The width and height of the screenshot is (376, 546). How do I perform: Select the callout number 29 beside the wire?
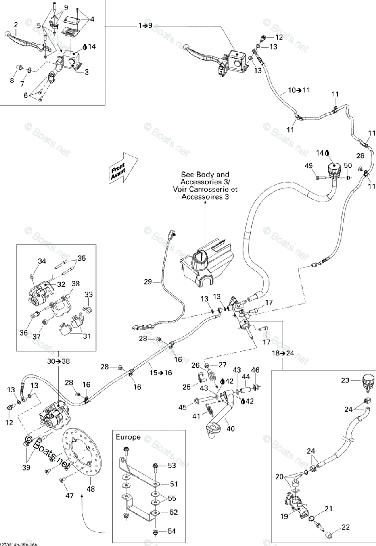(147, 282)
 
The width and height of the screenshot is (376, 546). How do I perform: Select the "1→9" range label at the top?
(146, 26)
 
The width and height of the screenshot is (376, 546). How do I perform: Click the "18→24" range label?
(283, 353)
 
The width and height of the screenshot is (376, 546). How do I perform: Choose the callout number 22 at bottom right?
(346, 527)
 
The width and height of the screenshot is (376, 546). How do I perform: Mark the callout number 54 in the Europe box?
(172, 531)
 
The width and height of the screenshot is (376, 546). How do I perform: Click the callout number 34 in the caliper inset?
(42, 261)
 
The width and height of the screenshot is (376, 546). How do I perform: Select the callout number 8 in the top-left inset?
(12, 81)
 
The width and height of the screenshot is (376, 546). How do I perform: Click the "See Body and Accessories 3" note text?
(205, 186)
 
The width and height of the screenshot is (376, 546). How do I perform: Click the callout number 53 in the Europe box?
(172, 465)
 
